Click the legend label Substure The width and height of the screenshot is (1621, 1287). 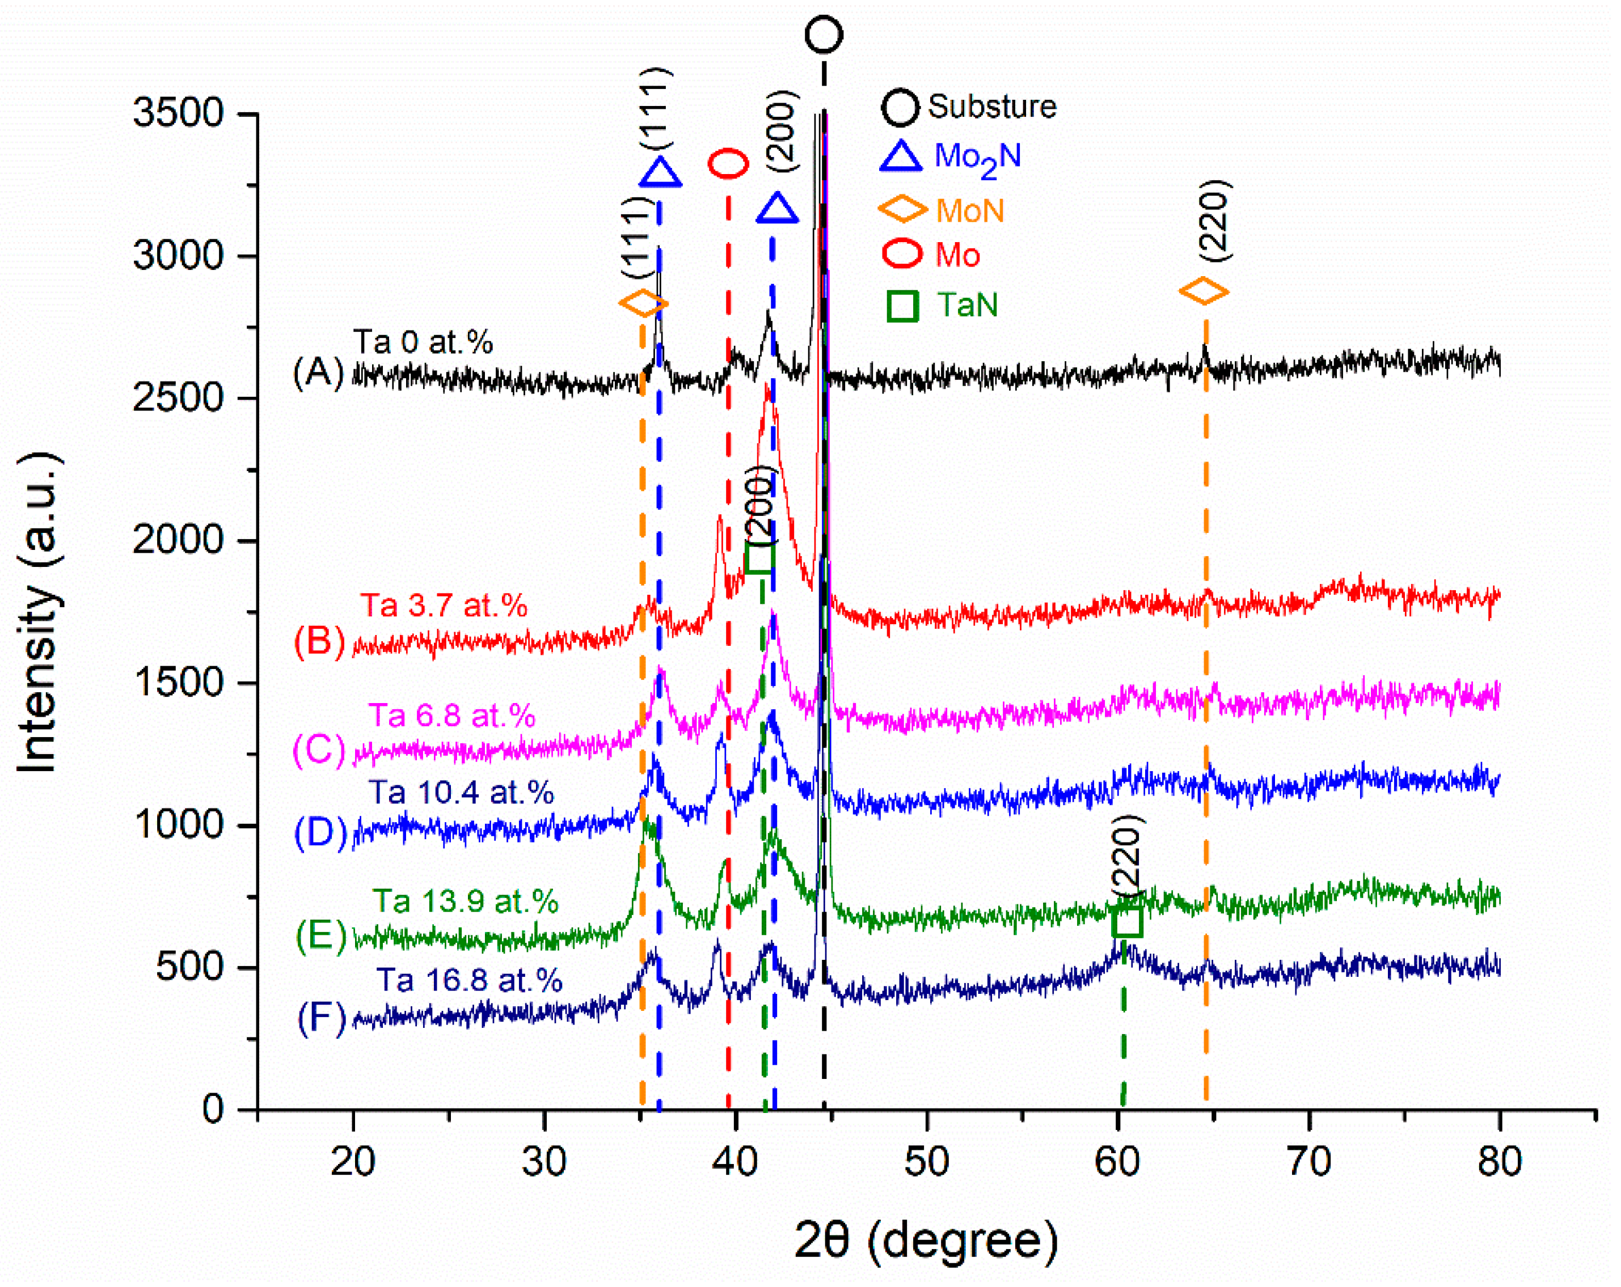(x=991, y=107)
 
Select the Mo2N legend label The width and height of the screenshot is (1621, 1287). (x=977, y=158)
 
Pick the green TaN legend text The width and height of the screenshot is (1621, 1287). (x=967, y=305)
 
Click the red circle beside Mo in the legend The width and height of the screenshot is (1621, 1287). (x=901, y=254)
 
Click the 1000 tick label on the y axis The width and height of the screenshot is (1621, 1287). (x=178, y=825)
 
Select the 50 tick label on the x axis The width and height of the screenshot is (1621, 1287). (x=926, y=1162)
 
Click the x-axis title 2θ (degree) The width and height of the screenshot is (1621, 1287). (x=926, y=1241)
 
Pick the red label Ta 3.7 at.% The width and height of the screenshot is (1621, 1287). (x=444, y=605)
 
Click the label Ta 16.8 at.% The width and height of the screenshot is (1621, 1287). (x=469, y=980)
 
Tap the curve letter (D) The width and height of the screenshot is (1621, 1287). (x=320, y=832)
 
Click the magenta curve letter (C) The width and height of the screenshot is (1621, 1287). (x=319, y=750)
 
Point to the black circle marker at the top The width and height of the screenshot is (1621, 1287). (x=824, y=35)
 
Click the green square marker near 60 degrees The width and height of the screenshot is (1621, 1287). (x=1127, y=921)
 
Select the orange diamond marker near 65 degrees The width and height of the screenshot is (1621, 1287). (x=1204, y=291)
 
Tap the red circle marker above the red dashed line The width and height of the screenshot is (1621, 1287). (x=728, y=163)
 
